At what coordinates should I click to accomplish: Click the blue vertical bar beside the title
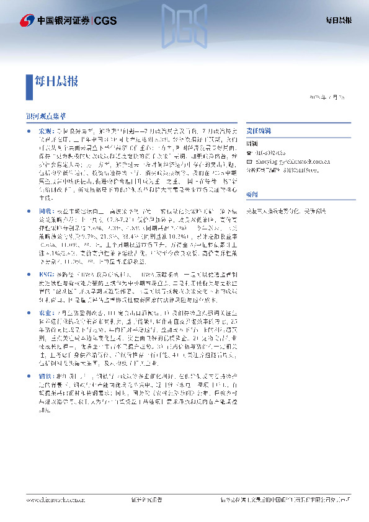(28, 86)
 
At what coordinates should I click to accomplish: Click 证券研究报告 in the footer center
(147, 499)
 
